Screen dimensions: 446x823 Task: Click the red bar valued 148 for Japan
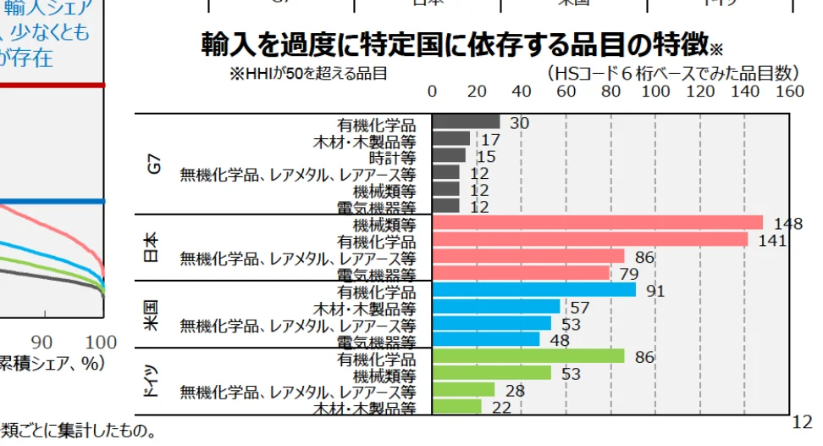click(x=597, y=223)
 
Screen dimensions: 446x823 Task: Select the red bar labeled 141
click(x=589, y=240)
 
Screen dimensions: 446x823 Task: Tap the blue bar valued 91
click(x=533, y=290)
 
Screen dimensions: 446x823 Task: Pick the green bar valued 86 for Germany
click(x=527, y=357)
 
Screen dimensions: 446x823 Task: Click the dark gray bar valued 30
click(x=466, y=122)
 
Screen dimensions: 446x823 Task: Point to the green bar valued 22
click(x=456, y=407)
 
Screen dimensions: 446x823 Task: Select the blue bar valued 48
click(x=485, y=340)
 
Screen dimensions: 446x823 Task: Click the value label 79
click(x=630, y=274)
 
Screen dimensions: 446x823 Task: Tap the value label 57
click(x=580, y=307)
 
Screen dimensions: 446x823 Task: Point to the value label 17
click(x=490, y=140)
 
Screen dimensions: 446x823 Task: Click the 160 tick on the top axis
click(x=789, y=92)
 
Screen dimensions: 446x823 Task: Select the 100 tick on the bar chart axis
click(x=655, y=92)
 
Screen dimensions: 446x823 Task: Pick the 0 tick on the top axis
click(x=433, y=92)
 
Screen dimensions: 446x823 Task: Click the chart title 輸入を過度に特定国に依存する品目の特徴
click(x=455, y=44)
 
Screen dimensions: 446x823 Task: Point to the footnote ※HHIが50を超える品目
click(x=308, y=74)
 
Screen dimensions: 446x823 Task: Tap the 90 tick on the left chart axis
click(x=41, y=342)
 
